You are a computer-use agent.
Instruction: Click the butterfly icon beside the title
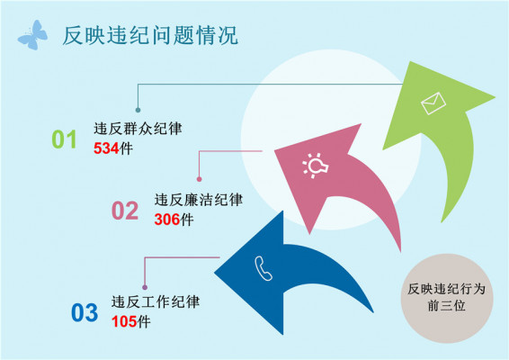[x=33, y=34]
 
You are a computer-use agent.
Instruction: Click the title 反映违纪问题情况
[x=149, y=36]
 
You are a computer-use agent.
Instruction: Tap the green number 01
[x=64, y=139]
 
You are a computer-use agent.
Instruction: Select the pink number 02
[x=125, y=211]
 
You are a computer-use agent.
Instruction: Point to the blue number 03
[x=84, y=312]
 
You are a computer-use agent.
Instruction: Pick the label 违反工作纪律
[x=156, y=301]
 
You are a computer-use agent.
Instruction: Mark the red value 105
[x=124, y=320]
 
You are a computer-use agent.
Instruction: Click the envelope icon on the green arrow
[x=433, y=104]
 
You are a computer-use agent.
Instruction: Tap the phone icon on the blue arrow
[x=263, y=266]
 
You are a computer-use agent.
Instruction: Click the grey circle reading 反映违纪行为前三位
[x=446, y=297]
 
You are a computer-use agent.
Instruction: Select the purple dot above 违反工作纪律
[x=145, y=286]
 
